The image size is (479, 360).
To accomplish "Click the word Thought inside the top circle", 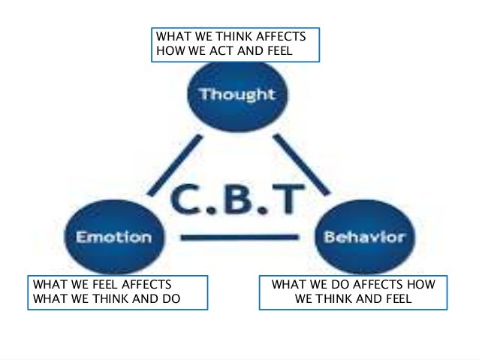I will (x=237, y=95).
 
